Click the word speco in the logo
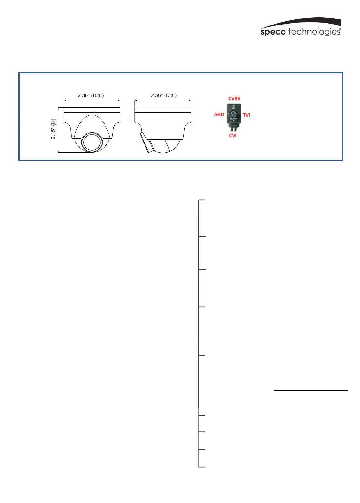[273, 32]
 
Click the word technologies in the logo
[315, 31]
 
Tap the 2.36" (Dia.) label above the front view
[91, 95]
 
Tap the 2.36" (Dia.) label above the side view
[164, 95]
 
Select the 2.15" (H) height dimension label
[53, 129]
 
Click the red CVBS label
[234, 99]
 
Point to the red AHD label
[219, 114]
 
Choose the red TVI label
[246, 115]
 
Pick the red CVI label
[233, 136]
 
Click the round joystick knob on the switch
[234, 113]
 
